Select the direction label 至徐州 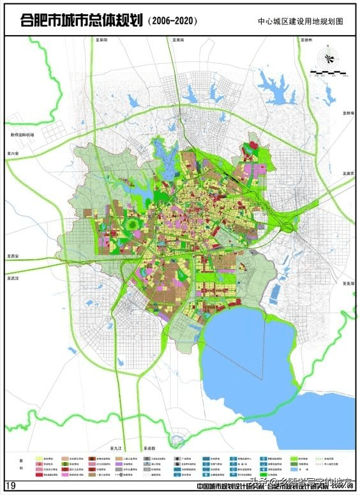(304, 40)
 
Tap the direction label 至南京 (348, 173)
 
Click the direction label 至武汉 (14, 278)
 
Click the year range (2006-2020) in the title (172, 21)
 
